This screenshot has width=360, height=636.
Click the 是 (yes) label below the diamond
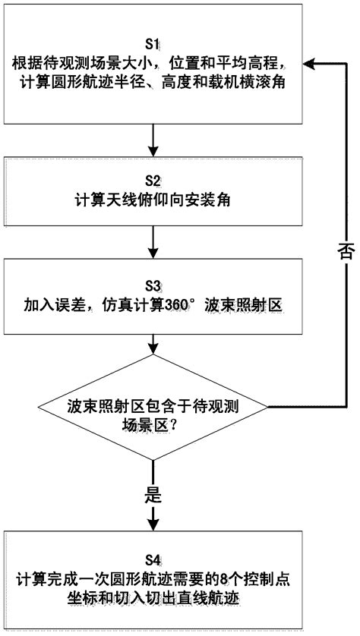(x=153, y=496)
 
